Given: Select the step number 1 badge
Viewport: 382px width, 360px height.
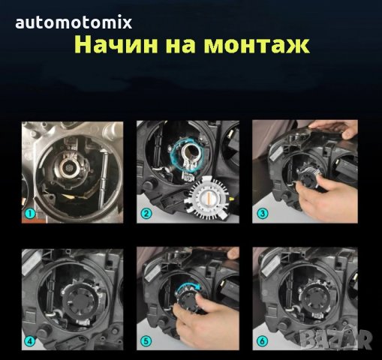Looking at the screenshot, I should click(29, 213).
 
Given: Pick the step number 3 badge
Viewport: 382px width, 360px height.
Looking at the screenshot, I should click(263, 213).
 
